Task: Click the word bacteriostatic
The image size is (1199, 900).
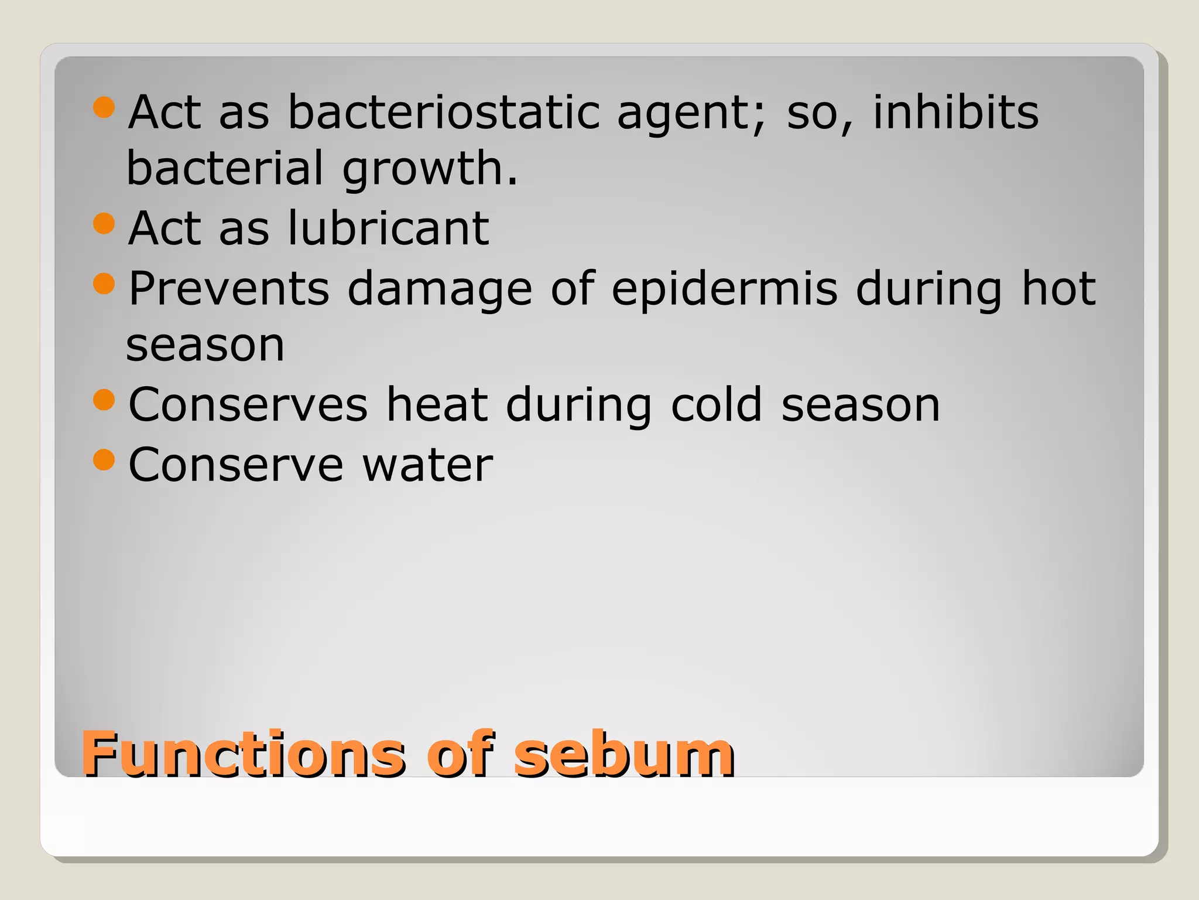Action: (444, 112)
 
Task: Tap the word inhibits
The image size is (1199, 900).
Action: (955, 112)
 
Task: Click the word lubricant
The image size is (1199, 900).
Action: (388, 228)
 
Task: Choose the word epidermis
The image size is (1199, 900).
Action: (725, 290)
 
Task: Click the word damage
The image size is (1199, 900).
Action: (440, 290)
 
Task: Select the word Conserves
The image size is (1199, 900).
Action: (248, 405)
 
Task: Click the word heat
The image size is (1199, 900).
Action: (437, 405)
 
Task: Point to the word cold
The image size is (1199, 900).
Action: (716, 405)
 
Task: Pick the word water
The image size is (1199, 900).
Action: (427, 465)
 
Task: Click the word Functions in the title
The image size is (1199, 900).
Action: (243, 754)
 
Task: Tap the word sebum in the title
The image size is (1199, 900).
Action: (624, 754)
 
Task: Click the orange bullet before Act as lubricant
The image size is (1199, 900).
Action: (104, 223)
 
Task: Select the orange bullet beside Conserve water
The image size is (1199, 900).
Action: (104, 460)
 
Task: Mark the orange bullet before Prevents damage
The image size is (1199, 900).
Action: (104, 284)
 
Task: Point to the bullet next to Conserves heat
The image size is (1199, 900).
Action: (104, 400)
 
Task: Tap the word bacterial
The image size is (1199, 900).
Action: (225, 168)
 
